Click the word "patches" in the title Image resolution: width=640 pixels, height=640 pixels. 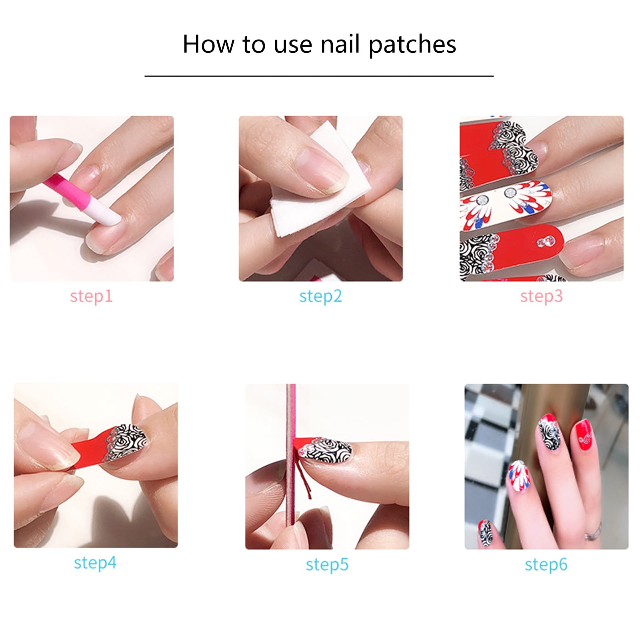pos(412,45)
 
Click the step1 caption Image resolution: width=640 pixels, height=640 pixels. pos(91,297)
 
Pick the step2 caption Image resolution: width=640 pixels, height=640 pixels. pos(320,297)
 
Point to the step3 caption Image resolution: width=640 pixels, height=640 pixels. pos(541,297)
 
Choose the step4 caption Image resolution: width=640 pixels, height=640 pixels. pos(95,563)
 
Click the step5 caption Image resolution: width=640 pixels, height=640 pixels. pos(327,565)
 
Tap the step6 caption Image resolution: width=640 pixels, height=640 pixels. pos(546,565)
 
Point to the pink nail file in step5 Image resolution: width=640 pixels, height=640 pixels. pos(291,454)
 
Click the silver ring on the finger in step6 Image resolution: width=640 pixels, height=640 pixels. pos(593,532)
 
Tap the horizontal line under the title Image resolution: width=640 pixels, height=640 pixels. pos(319,76)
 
